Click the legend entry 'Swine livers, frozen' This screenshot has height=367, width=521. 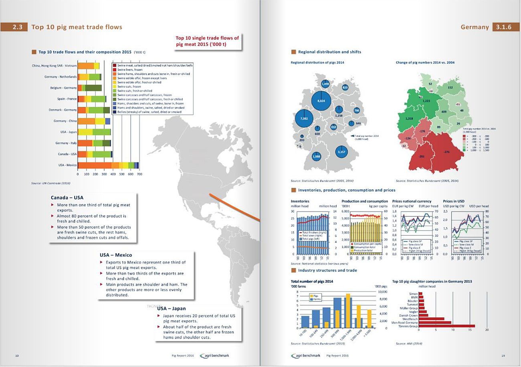tap(127, 70)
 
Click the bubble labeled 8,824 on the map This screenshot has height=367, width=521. tap(321, 101)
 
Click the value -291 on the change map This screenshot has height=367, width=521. tap(422, 156)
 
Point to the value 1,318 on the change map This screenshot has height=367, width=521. tap(409, 118)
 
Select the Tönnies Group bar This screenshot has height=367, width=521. tap(447, 326)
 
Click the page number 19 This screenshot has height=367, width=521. tap(503, 355)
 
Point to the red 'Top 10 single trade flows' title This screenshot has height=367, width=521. tap(207, 41)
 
